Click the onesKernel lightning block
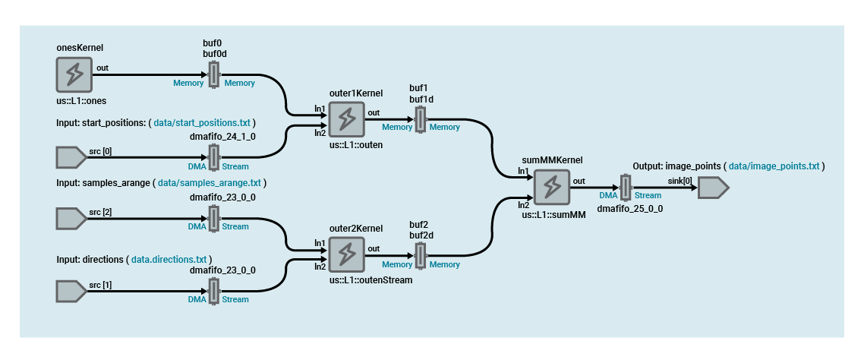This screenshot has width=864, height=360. pyautogui.click(x=74, y=75)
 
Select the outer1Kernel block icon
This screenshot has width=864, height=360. pyautogui.click(x=346, y=119)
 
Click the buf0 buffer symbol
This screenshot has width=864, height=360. pyautogui.click(x=214, y=75)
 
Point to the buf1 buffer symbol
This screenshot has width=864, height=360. pyautogui.click(x=420, y=119)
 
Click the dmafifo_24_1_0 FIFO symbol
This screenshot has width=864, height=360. pyautogui.click(x=214, y=158)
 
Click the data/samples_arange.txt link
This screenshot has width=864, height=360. pyautogui.click(x=210, y=183)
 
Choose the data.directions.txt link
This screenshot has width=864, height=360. pyautogui.click(x=169, y=260)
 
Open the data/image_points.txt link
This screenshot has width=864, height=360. pyautogui.click(x=774, y=166)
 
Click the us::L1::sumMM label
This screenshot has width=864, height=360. pyautogui.click(x=553, y=215)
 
